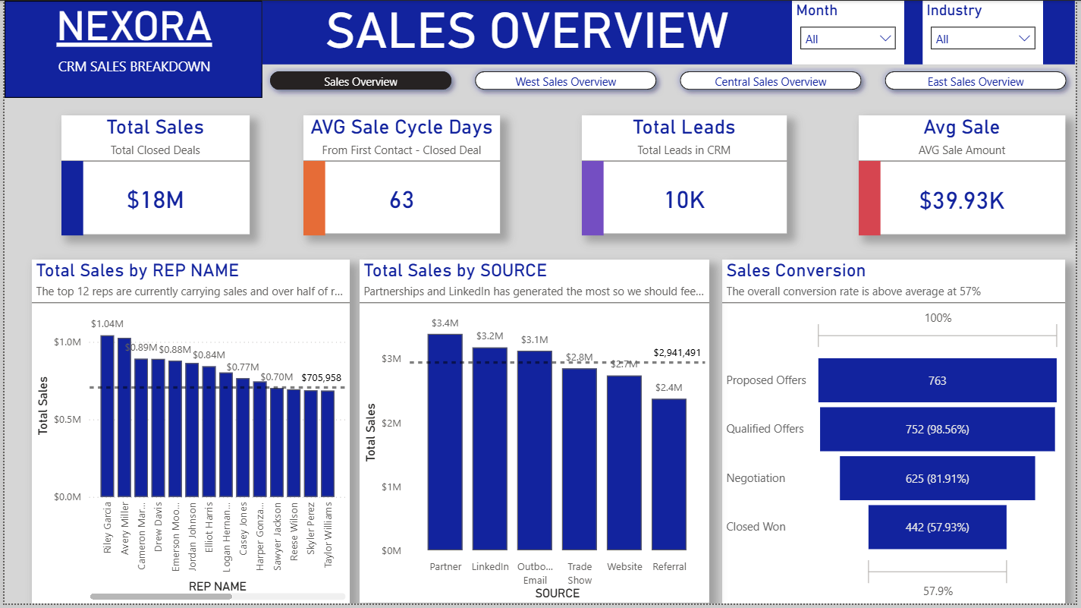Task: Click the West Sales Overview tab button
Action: pos(565,81)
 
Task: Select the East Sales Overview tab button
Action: pos(975,81)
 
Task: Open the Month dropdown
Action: pos(847,39)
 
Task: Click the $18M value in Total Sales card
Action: pos(156,200)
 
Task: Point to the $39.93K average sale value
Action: pos(961,200)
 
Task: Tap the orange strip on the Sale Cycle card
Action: pos(314,197)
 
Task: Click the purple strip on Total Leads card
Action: pos(592,197)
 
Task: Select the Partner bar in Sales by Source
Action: pos(445,441)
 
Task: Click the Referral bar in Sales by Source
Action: pos(668,474)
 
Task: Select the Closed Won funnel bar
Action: pos(937,527)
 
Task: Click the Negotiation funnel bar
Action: pos(937,478)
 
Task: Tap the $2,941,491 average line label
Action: pos(677,353)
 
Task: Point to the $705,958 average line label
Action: pos(321,377)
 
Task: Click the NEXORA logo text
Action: pos(134,27)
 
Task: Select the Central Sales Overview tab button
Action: pos(770,81)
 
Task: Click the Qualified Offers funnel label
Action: pos(765,429)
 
